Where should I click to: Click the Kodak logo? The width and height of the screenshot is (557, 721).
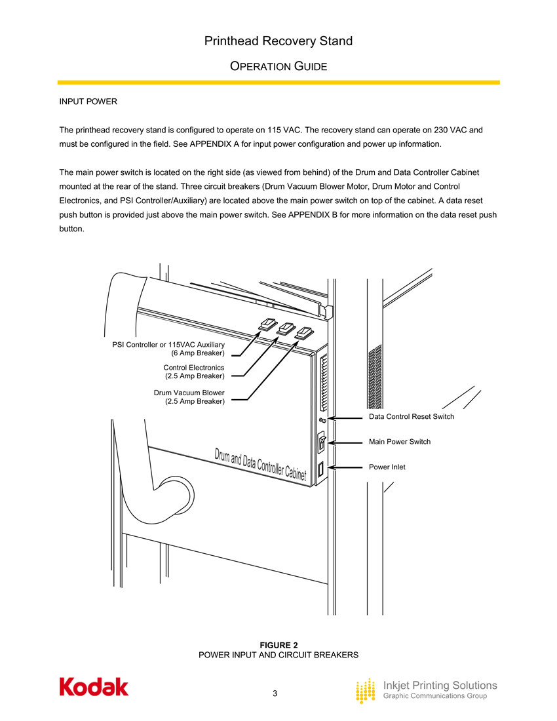[x=94, y=687]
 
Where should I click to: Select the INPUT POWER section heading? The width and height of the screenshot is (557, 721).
[x=88, y=102]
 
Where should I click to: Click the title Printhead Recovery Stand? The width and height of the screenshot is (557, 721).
[x=278, y=41]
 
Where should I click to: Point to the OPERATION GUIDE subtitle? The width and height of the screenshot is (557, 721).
[x=278, y=67]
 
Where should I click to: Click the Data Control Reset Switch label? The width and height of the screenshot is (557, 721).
[x=411, y=417]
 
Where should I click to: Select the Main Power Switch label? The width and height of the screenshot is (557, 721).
[x=400, y=442]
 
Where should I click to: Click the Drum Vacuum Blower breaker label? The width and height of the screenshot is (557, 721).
[x=189, y=397]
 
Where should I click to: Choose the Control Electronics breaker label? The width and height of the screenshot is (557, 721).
[x=194, y=372]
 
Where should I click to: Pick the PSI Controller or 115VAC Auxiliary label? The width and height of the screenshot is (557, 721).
[x=168, y=348]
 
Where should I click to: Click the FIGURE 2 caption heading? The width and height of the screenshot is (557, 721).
[x=278, y=646]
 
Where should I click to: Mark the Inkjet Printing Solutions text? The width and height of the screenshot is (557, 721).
[x=440, y=685]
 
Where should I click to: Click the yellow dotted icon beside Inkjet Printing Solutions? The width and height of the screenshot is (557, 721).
[x=366, y=691]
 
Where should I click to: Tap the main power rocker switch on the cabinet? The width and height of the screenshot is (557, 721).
[x=321, y=443]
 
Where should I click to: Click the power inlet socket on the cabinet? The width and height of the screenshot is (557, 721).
[x=321, y=469]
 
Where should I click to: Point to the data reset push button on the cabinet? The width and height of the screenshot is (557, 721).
[x=322, y=419]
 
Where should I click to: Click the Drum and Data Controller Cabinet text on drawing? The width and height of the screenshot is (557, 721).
[x=260, y=465]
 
